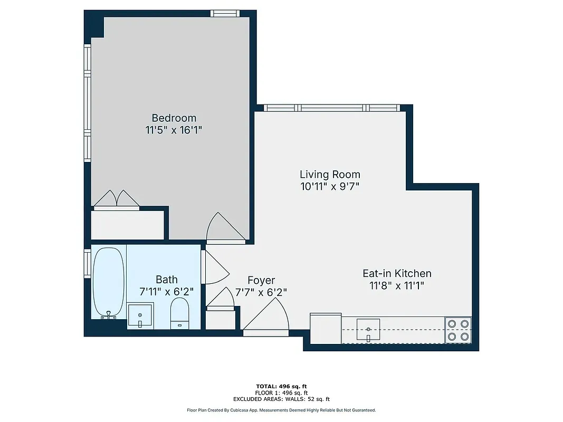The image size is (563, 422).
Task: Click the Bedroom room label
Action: point(174,118)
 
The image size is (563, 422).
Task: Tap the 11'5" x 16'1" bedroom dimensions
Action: point(174,130)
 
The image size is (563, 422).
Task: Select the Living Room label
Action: point(330,174)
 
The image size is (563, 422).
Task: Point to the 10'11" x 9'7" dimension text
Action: point(330,186)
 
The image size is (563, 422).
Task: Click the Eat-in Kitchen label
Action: point(397,273)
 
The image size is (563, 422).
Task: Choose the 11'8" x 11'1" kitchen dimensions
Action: point(397,286)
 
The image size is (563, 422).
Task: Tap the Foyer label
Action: point(261,280)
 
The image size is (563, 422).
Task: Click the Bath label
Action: point(166,280)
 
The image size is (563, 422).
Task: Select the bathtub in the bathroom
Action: point(109,282)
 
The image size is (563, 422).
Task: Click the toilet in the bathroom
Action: point(180,313)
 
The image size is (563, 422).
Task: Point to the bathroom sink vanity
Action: point(140,316)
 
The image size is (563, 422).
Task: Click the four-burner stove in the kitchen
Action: point(457,330)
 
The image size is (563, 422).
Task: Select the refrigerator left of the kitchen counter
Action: point(326,328)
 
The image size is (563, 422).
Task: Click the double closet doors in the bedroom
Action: point(117,199)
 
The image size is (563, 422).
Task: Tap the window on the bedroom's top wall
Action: point(226,13)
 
